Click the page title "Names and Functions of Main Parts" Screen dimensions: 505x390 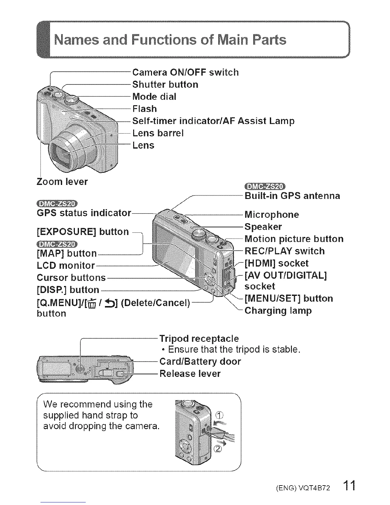[x=170, y=40]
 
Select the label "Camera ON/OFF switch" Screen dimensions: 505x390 [x=185, y=72]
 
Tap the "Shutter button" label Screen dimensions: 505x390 [x=165, y=84]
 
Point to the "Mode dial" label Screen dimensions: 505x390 [x=154, y=97]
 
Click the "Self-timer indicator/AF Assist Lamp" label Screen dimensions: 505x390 [x=213, y=121]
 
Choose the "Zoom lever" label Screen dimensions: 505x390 [x=62, y=182]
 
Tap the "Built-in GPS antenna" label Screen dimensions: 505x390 [x=292, y=196]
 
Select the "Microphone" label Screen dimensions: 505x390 [x=271, y=215]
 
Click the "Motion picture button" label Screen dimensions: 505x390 [x=294, y=239]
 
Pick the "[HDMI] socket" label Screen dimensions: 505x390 [x=276, y=263]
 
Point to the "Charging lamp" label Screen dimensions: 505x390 [x=278, y=311]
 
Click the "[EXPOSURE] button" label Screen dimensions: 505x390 [x=83, y=232]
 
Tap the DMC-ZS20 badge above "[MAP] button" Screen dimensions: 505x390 [x=57, y=245]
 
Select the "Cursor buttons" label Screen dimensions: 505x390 [x=71, y=278]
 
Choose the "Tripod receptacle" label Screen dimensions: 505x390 [x=199, y=338]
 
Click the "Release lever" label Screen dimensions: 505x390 [x=190, y=374]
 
